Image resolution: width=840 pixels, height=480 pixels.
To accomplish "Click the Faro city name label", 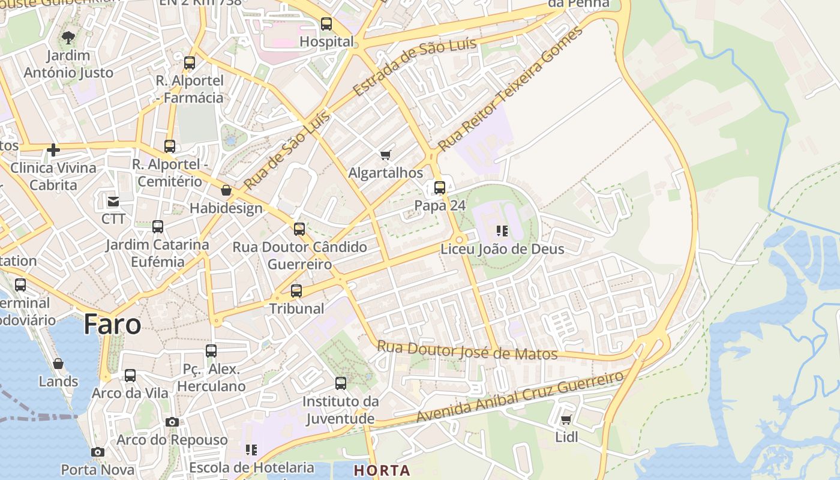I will pyautogui.click(x=112, y=325).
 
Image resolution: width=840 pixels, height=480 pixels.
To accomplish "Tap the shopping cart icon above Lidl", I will pyautogui.click(x=566, y=420).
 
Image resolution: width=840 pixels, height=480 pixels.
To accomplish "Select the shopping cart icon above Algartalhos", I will pyautogui.click(x=386, y=155).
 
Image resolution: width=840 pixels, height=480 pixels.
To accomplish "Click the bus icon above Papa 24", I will pyautogui.click(x=440, y=188).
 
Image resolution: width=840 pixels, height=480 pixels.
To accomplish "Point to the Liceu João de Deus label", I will pyautogui.click(x=502, y=249).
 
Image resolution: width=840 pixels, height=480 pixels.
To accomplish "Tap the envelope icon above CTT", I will pyautogui.click(x=113, y=202).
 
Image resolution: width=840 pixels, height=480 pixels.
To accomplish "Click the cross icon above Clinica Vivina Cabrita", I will pyautogui.click(x=53, y=150).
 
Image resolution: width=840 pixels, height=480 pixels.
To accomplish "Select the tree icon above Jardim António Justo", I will pyautogui.click(x=68, y=38).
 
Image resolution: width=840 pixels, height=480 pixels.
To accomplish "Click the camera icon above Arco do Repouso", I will pyautogui.click(x=172, y=422).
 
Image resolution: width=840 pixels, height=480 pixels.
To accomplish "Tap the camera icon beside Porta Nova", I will pyautogui.click(x=98, y=452).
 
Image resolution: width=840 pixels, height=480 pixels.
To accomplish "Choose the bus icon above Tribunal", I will pyautogui.click(x=296, y=291).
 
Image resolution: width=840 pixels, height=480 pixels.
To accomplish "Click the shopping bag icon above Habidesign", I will pyautogui.click(x=226, y=190).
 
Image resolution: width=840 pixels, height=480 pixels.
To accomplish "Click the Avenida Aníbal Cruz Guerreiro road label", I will pyautogui.click(x=520, y=397).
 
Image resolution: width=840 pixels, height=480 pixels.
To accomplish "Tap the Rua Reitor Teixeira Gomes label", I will pyautogui.click(x=510, y=89).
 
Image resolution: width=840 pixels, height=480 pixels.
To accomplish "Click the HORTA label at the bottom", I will pyautogui.click(x=382, y=470).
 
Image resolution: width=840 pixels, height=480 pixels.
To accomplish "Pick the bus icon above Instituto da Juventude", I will pyautogui.click(x=341, y=383).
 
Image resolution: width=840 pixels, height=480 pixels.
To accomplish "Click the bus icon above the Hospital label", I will pyautogui.click(x=326, y=24).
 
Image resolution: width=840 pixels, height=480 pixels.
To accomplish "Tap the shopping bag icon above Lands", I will pyautogui.click(x=58, y=364).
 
